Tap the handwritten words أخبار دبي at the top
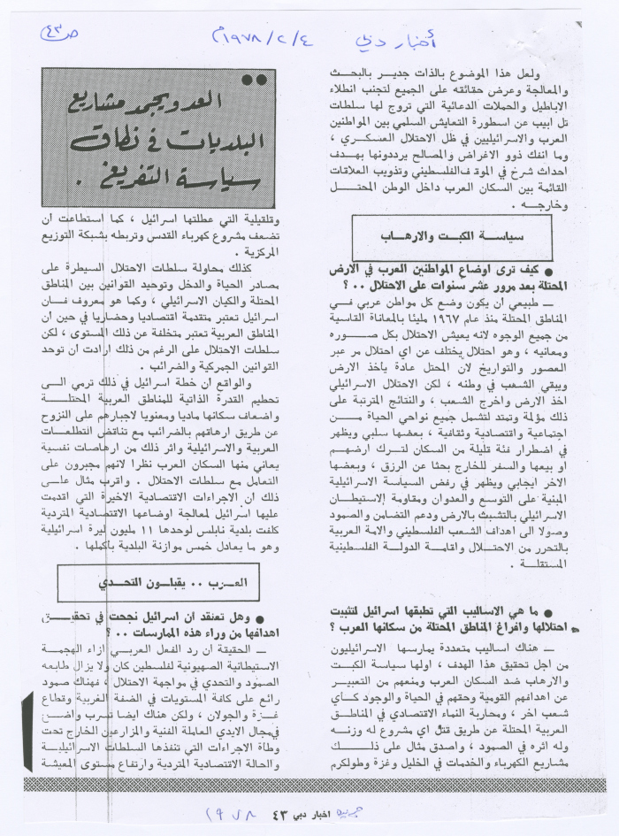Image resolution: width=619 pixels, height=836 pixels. [x=384, y=40]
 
